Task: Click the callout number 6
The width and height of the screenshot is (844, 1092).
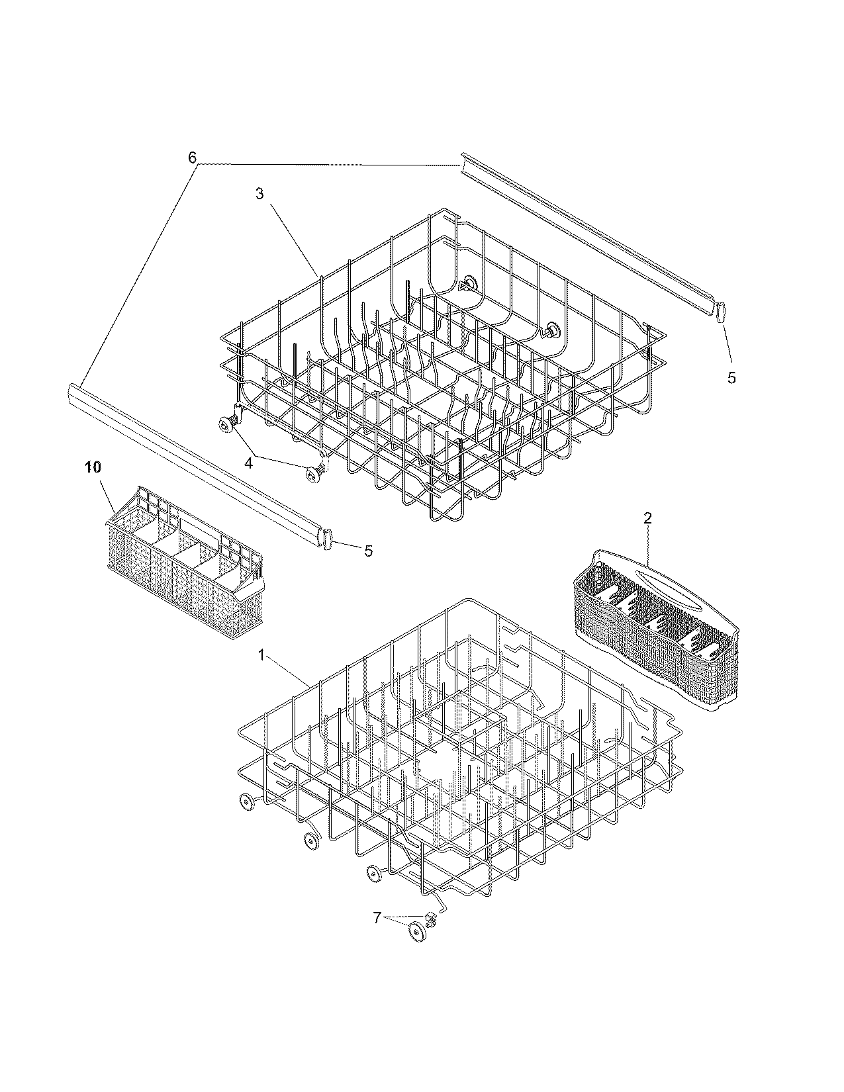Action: click(192, 158)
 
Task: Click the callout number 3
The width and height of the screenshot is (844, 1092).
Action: click(259, 193)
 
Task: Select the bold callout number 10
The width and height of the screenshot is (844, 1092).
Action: click(93, 467)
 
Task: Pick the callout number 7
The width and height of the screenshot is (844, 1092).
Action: click(377, 918)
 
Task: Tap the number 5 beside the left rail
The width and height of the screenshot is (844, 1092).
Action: click(369, 550)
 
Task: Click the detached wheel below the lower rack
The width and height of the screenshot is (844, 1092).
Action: click(416, 932)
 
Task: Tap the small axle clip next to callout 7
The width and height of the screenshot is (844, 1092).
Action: click(432, 917)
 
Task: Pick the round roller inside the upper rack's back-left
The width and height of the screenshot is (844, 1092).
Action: click(471, 283)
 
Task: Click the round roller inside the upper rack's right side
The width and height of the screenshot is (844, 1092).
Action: click(552, 329)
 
